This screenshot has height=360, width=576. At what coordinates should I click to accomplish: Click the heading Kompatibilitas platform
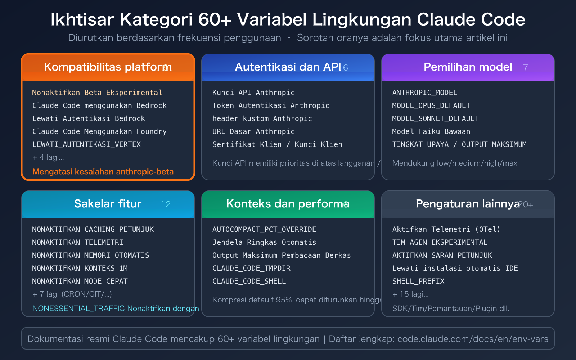tap(108, 67)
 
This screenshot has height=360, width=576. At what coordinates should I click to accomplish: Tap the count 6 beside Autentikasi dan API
tap(346, 68)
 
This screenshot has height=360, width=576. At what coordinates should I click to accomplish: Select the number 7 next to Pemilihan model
tap(525, 68)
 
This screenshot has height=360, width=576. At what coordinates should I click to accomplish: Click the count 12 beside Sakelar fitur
tap(166, 204)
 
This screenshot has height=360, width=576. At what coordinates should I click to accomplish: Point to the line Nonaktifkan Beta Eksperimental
tap(97, 93)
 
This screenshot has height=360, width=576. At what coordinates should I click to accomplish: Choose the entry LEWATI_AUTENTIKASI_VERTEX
tap(86, 144)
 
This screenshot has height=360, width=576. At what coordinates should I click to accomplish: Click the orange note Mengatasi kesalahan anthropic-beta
tap(103, 172)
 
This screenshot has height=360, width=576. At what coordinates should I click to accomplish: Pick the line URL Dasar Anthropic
tap(253, 131)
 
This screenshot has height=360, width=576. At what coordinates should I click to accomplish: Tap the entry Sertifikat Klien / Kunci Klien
tap(277, 144)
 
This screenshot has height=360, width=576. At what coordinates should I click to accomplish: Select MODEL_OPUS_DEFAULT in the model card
tap(431, 105)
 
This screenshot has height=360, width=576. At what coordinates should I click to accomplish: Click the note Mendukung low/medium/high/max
tap(455, 163)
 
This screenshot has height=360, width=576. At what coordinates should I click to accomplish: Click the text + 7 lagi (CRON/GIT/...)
tap(72, 294)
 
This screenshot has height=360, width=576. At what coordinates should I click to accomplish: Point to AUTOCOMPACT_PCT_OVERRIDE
tap(264, 229)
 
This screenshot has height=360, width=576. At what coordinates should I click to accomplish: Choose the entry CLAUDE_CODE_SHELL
tap(249, 281)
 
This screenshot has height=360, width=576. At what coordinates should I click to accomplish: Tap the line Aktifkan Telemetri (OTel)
tap(446, 229)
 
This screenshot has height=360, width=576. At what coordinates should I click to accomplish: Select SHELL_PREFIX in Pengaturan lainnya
tap(418, 281)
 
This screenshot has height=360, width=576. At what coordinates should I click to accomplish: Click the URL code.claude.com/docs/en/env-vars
tap(473, 339)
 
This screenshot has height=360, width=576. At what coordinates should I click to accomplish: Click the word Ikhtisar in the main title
tap(82, 20)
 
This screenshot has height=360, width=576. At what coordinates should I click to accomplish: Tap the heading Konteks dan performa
tap(288, 204)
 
